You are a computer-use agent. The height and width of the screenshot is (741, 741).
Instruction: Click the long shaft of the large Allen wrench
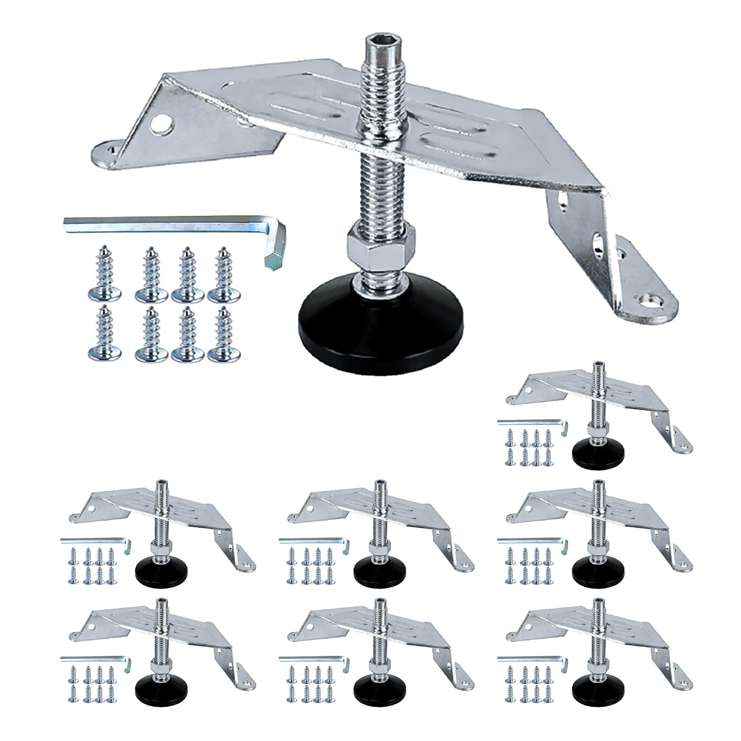pyautogui.click(x=163, y=221)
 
